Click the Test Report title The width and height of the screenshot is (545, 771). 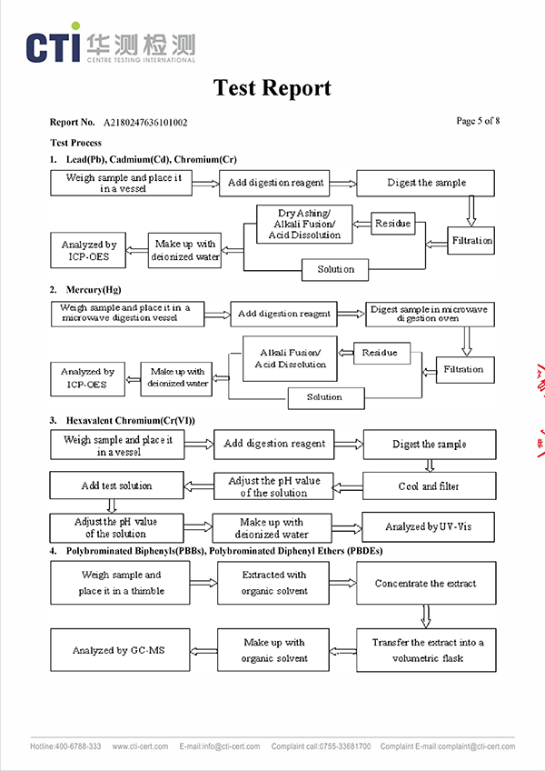272,88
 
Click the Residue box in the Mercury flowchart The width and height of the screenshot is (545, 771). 380,353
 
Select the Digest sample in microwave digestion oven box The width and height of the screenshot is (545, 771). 430,315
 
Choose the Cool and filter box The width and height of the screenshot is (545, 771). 430,486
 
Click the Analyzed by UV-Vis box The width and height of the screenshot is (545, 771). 429,527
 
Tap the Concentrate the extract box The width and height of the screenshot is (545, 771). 425,584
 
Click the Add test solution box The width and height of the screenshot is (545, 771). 117,486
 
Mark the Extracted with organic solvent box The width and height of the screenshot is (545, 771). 274,583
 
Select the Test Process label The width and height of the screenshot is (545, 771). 76,143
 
